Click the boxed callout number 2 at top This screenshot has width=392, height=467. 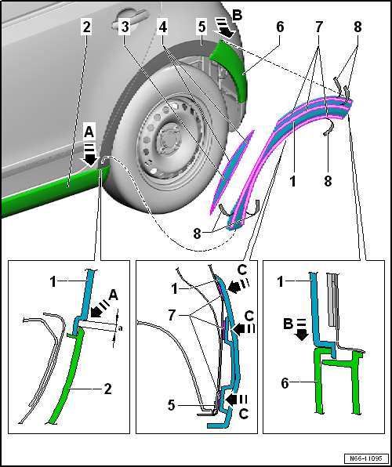click(x=86, y=27)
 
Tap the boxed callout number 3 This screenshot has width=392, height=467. click(x=125, y=27)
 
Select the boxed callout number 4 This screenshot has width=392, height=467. click(x=163, y=27)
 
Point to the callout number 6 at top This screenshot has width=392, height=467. click(x=280, y=27)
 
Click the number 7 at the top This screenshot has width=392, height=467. click(x=319, y=27)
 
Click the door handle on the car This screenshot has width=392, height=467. click(x=128, y=21)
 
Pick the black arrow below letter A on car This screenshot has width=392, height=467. click(x=89, y=154)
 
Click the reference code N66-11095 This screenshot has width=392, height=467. click(x=366, y=458)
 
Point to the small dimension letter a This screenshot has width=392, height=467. click(x=121, y=328)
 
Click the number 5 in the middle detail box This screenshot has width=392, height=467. click(x=171, y=406)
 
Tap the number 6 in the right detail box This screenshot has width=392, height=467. click(x=285, y=383)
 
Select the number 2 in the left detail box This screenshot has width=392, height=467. click(x=108, y=389)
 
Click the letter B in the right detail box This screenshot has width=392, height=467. click(x=288, y=324)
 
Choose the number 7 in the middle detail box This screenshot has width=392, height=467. click(x=171, y=316)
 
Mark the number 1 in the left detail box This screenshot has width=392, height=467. click(x=53, y=282)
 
